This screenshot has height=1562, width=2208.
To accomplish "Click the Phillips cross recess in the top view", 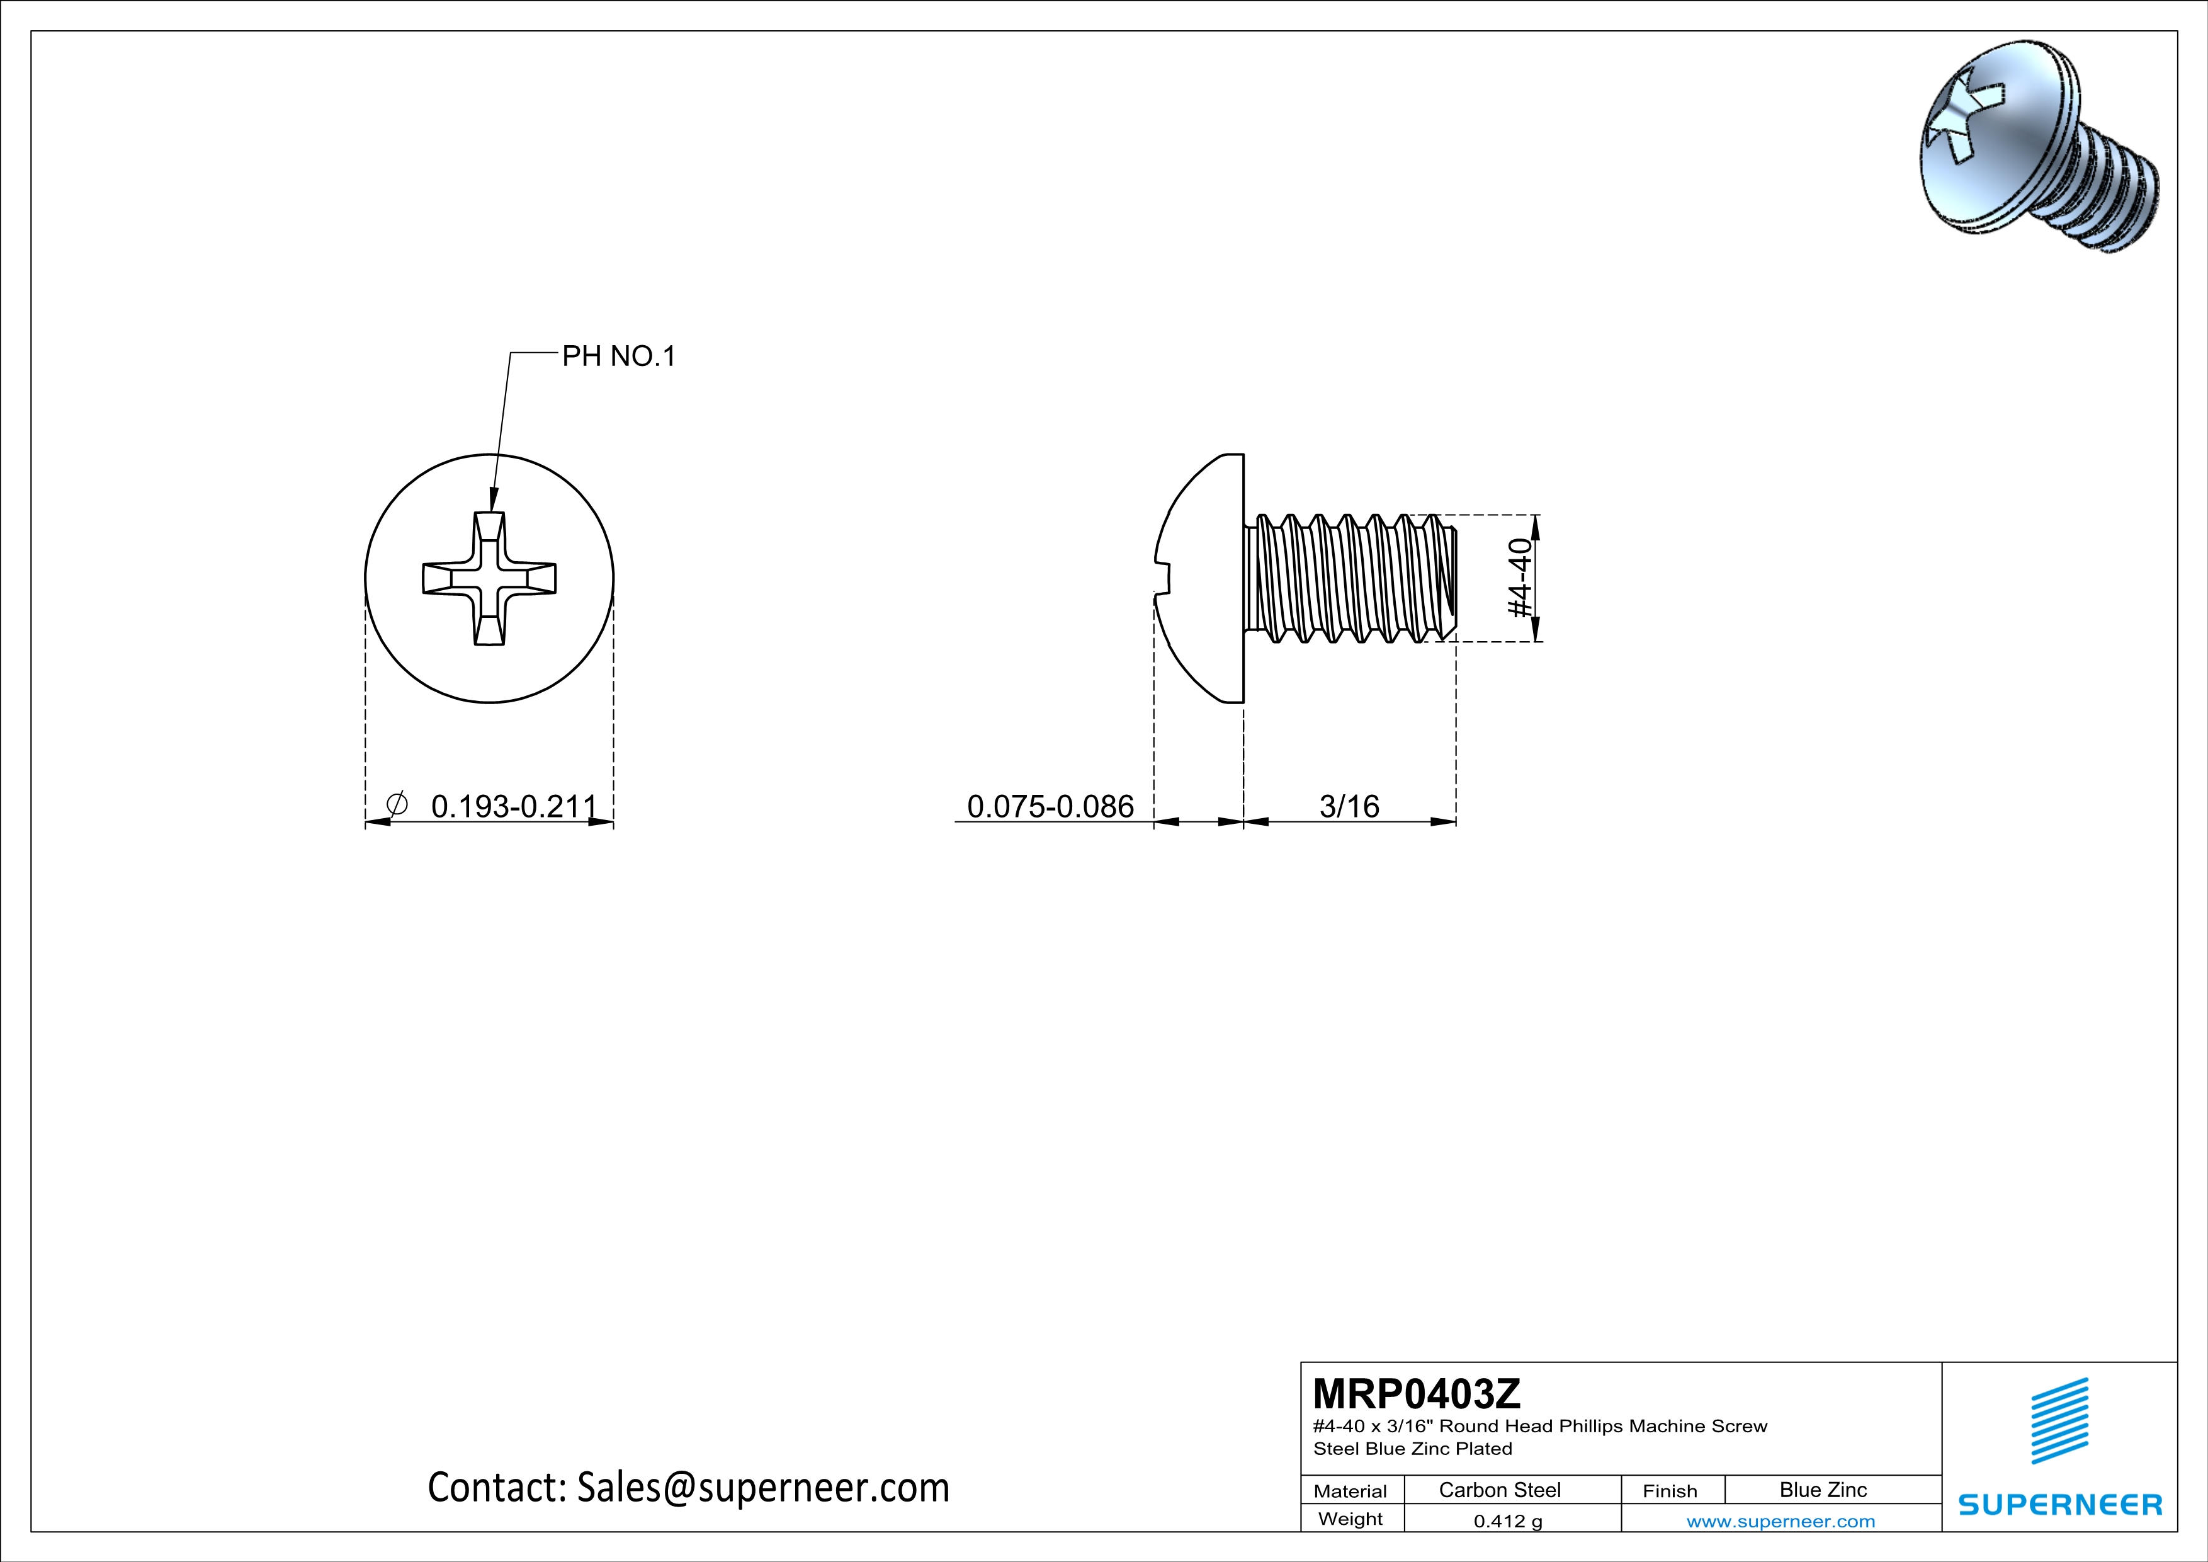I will pos(489,578).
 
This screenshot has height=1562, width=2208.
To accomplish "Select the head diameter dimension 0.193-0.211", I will pos(514,806).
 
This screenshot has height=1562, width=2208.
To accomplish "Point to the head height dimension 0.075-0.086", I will pos(1050,806).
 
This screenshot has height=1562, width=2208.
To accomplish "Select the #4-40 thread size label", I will pos(1519,578).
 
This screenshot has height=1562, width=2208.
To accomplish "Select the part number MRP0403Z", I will pos(1417,1393).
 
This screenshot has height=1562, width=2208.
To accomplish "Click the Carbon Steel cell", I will pos(1499,1490).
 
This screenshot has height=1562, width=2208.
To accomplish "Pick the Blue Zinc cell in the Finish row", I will pos(1822,1490).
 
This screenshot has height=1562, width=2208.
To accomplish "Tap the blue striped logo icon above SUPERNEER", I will pos(2059,1421).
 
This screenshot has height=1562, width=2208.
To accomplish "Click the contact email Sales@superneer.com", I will pos(762,1487).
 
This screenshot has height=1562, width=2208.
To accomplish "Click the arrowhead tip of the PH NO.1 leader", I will pos(492,510).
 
